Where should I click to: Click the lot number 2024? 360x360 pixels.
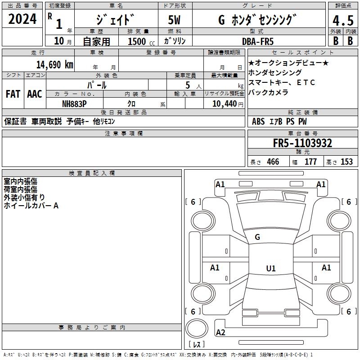click(22, 19)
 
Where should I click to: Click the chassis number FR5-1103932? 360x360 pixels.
click(302, 143)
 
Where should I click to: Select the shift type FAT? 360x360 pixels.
click(13, 94)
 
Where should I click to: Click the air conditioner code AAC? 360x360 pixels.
click(35, 94)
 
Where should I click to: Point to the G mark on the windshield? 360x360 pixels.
click(257, 237)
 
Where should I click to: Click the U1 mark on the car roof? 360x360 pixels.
click(270, 269)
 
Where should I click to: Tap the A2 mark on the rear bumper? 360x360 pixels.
click(220, 333)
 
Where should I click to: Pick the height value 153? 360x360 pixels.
click(346, 162)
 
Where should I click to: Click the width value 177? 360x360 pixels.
click(310, 162)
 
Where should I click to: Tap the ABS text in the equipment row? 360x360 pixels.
click(258, 121)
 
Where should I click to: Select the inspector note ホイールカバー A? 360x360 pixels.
click(31, 206)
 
